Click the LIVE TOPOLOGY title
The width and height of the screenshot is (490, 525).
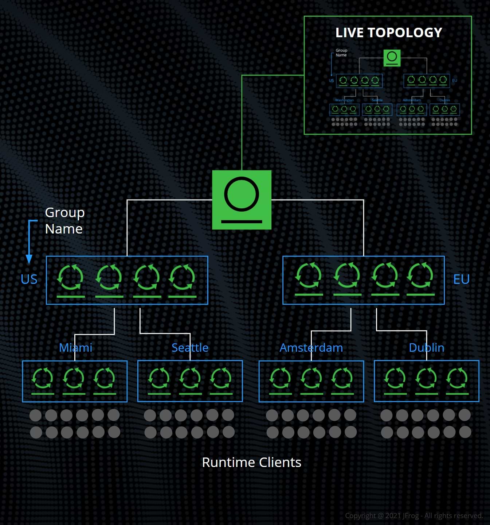click(388, 33)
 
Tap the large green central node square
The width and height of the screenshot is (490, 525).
click(242, 200)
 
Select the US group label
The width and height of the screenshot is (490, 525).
click(29, 279)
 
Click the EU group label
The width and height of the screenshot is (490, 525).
click(461, 279)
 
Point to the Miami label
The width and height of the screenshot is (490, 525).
click(75, 348)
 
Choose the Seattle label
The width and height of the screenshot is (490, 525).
click(190, 348)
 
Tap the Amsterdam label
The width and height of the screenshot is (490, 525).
click(311, 348)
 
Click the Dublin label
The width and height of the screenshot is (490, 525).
click(426, 348)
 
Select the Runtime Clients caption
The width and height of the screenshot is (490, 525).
click(251, 463)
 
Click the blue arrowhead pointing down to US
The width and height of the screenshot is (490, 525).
click(29, 259)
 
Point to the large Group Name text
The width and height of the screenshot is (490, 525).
click(64, 220)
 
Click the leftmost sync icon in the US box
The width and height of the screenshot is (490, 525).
click(71, 277)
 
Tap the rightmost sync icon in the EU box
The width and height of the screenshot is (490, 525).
click(420, 275)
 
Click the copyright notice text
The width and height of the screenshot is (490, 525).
click(413, 516)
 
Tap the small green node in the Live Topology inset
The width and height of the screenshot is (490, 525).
click(392, 58)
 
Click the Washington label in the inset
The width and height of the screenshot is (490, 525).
click(344, 100)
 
